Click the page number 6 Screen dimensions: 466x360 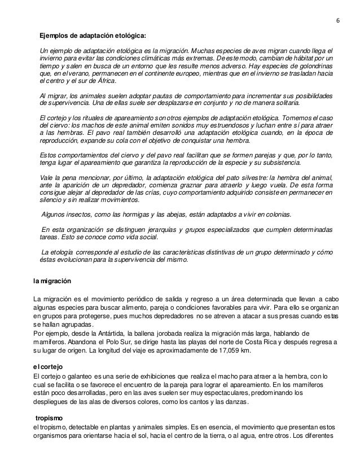337,21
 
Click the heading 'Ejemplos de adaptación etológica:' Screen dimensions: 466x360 93,36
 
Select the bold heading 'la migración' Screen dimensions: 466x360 52,280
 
